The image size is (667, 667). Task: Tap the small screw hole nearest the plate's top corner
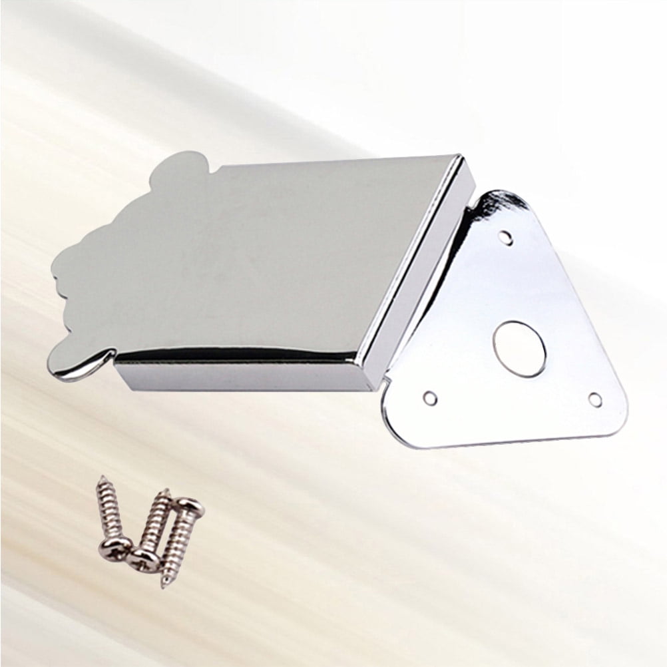click(508, 236)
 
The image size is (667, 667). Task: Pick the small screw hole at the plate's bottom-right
click(594, 399)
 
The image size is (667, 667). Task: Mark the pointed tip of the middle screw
click(164, 492)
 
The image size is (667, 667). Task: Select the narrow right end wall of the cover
click(426, 266)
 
